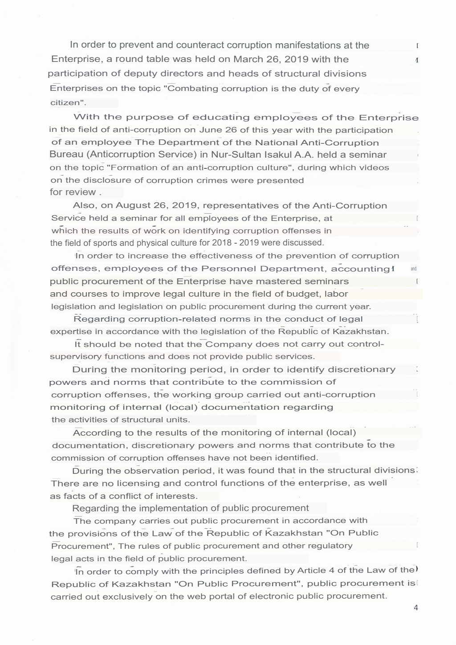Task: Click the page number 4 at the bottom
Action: pos(416,608)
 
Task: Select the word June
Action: pos(211,130)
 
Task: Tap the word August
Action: pos(132,205)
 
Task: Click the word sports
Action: pos(106,243)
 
